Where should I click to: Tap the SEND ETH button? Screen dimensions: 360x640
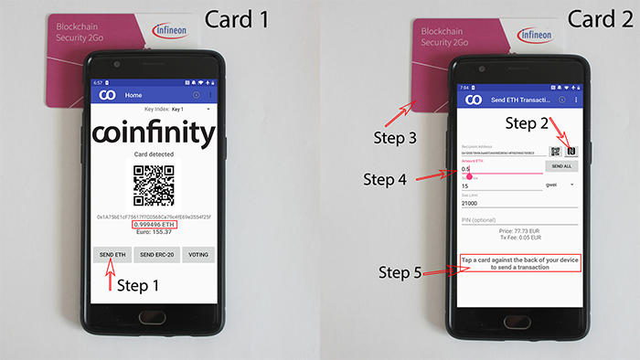[112, 254]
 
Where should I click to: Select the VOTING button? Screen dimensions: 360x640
[197, 254]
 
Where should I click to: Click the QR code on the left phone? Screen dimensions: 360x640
[153, 184]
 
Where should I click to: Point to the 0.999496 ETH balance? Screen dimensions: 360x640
[153, 224]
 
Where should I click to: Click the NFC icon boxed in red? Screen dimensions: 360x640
[571, 151]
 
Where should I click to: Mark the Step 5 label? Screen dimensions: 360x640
[403, 272]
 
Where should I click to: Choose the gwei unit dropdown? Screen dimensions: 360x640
[560, 185]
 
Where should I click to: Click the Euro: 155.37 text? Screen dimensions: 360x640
[153, 232]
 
